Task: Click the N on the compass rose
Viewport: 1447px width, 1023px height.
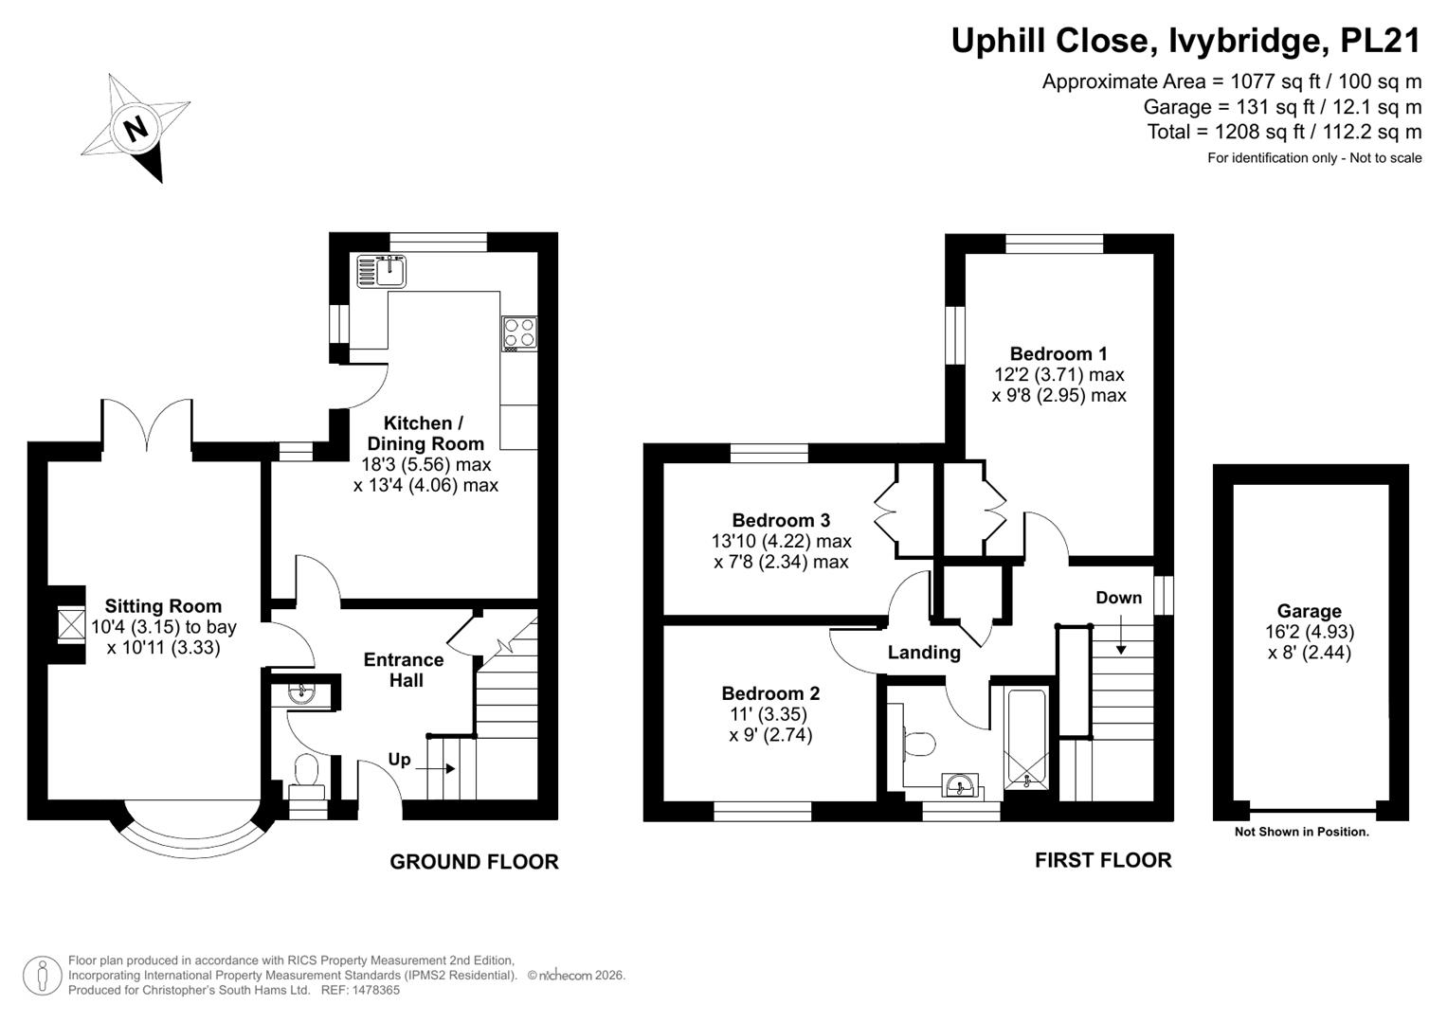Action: (x=135, y=129)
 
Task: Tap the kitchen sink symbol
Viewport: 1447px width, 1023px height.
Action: (x=382, y=271)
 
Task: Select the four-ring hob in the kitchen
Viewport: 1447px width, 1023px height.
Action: (x=518, y=333)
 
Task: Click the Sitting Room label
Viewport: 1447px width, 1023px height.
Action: (x=163, y=606)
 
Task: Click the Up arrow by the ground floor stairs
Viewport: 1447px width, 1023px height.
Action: (x=435, y=768)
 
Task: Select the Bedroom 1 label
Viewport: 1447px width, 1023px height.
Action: (x=1058, y=354)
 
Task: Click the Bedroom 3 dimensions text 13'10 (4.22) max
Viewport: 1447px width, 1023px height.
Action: (x=782, y=541)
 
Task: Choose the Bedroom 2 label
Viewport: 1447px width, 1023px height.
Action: (x=770, y=693)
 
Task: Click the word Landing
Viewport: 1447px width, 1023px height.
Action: (x=924, y=653)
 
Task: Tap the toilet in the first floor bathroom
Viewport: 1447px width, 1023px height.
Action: (x=918, y=744)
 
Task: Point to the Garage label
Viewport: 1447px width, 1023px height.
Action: (x=1310, y=610)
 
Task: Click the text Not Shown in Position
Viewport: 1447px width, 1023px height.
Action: (x=1302, y=832)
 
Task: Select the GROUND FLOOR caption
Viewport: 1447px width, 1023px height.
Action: (x=474, y=862)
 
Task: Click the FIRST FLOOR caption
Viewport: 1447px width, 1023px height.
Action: (x=1103, y=860)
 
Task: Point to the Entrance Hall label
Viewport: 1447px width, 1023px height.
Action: (x=405, y=670)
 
